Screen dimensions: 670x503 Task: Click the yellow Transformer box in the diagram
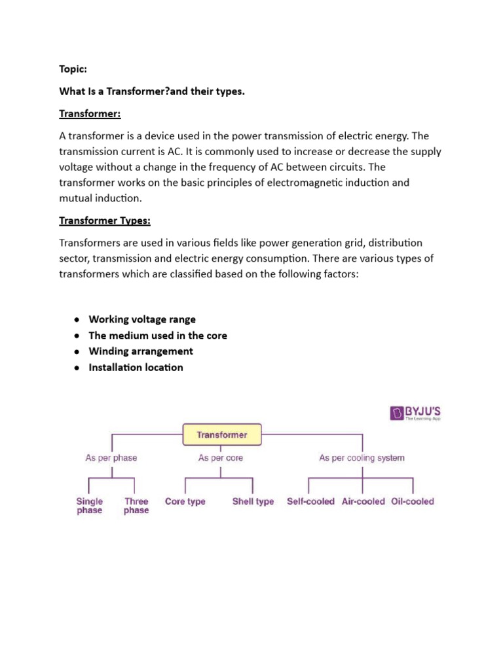[x=221, y=434]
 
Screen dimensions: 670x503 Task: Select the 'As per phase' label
[x=111, y=458]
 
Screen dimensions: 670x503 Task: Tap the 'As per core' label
[x=221, y=458]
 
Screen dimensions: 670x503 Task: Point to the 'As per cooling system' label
[x=362, y=458]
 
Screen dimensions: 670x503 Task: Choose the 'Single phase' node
[x=90, y=506]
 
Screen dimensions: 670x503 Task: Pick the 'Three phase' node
[x=136, y=506]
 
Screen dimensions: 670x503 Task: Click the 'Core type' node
[x=185, y=502]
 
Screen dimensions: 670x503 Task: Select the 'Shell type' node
[x=253, y=502]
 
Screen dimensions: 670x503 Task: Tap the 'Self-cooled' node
[x=310, y=502]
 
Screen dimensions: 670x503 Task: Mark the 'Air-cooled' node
[x=363, y=502]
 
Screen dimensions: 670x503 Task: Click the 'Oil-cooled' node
[x=413, y=502]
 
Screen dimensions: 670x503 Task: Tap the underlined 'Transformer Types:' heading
[x=105, y=222]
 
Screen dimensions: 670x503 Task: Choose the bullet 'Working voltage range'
[x=142, y=319]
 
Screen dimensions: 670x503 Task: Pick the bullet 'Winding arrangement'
[x=141, y=351]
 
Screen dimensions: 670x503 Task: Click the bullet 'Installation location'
[x=136, y=368]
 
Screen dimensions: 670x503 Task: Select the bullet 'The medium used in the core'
[x=158, y=336]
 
